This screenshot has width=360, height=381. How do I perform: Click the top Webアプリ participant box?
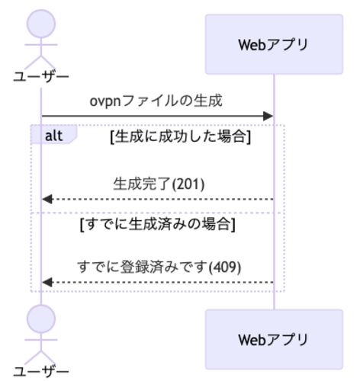274,44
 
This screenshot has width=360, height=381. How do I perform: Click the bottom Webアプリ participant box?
274,339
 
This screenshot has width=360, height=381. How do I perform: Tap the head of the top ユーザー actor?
41,24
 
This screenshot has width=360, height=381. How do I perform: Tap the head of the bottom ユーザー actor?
41,319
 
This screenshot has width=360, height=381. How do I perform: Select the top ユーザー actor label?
41,77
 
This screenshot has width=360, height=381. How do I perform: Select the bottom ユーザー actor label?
41,372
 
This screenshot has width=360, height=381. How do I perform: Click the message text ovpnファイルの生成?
156,101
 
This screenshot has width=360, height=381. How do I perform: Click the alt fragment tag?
53,135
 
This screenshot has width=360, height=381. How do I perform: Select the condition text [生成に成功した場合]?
181,136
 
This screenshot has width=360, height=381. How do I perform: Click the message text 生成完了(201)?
159,184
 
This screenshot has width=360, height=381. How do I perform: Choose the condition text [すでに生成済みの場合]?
158,224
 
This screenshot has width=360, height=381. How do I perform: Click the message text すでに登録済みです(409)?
159,267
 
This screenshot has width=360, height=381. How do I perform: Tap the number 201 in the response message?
188,184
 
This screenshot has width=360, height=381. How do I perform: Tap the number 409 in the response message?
224,267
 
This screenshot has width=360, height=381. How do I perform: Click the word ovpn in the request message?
105,101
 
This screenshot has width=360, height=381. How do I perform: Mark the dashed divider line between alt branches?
158,213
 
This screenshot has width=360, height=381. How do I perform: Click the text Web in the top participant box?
252,45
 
